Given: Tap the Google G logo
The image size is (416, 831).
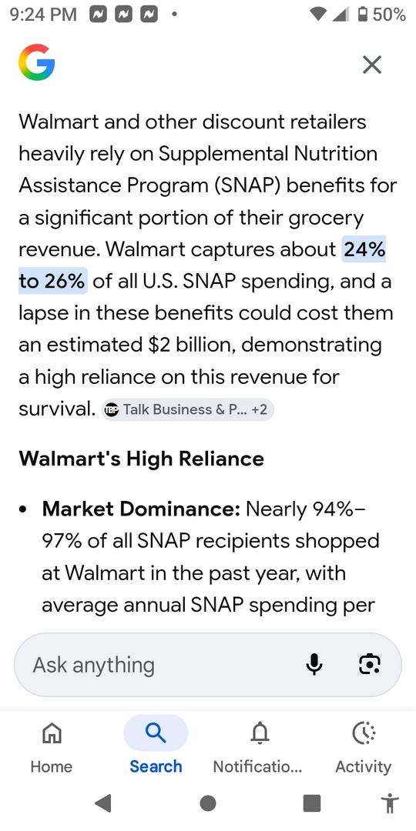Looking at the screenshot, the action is [x=37, y=62].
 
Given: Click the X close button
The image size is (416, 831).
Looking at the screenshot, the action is [x=371, y=65].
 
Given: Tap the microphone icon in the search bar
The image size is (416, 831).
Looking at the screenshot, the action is [x=314, y=664].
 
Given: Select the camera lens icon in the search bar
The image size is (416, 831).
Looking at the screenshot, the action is [x=370, y=664].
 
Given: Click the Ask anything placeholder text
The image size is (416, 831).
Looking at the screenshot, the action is [x=93, y=665].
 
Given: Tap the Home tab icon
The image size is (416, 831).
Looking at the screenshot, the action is [x=52, y=733].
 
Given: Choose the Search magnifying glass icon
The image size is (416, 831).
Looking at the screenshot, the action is [x=156, y=733].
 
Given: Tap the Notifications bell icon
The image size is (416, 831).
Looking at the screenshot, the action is [x=260, y=733].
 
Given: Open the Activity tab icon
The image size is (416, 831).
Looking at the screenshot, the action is [x=364, y=733].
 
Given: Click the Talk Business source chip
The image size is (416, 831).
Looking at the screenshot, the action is [x=187, y=409].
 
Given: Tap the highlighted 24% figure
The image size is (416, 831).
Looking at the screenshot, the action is [x=364, y=249].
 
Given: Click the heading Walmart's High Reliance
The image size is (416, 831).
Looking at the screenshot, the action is [x=141, y=459].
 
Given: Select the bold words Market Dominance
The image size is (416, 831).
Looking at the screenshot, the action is [x=142, y=509].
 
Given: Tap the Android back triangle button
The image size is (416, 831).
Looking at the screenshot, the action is [x=103, y=803].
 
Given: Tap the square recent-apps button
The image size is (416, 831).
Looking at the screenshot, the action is [x=311, y=803].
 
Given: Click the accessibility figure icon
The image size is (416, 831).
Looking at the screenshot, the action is [x=390, y=803].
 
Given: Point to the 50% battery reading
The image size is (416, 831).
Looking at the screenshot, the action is [x=389, y=15].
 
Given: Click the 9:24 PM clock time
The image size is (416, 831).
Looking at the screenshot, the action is [x=43, y=15].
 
